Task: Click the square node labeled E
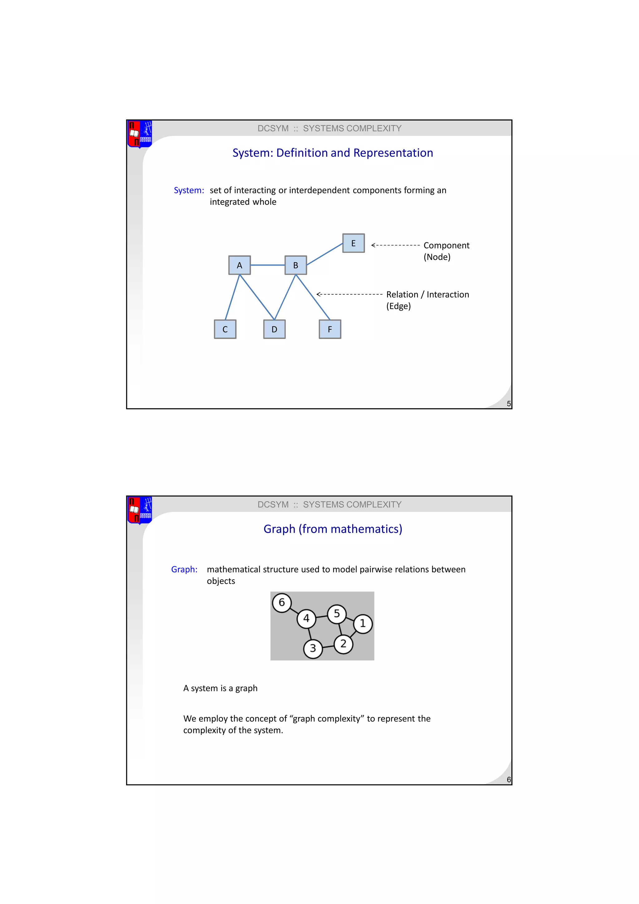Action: click(353, 243)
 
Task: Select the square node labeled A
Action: click(239, 265)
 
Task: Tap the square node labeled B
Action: click(295, 265)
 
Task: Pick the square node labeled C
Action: click(225, 329)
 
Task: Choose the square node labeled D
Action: click(274, 329)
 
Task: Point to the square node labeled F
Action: click(330, 329)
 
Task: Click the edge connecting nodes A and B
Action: click(268, 265)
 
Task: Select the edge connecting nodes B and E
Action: click(324, 254)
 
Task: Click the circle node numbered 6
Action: click(282, 602)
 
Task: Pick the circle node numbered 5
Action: click(337, 614)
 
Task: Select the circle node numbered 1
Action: click(363, 624)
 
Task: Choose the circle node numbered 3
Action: click(313, 648)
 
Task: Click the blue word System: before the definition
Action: click(189, 190)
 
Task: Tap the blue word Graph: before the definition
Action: click(184, 570)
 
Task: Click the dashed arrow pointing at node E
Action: click(395, 245)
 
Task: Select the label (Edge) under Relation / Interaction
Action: click(398, 306)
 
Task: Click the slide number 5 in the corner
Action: click(508, 404)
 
